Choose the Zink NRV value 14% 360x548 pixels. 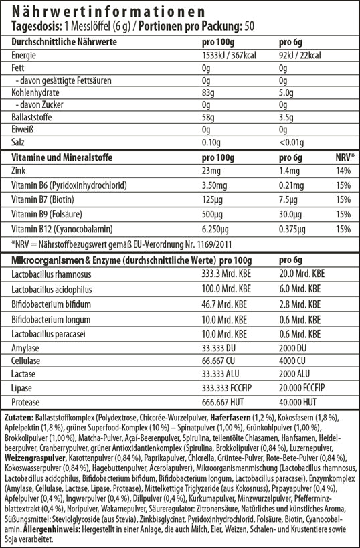[343, 171]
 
